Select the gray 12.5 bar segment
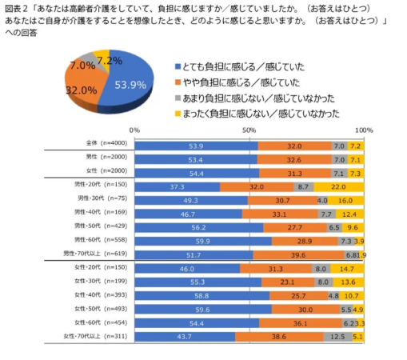pyautogui.click(x=337, y=337)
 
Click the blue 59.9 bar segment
pyautogui.click(x=202, y=240)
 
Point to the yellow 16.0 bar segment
pyautogui.click(x=345, y=199)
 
